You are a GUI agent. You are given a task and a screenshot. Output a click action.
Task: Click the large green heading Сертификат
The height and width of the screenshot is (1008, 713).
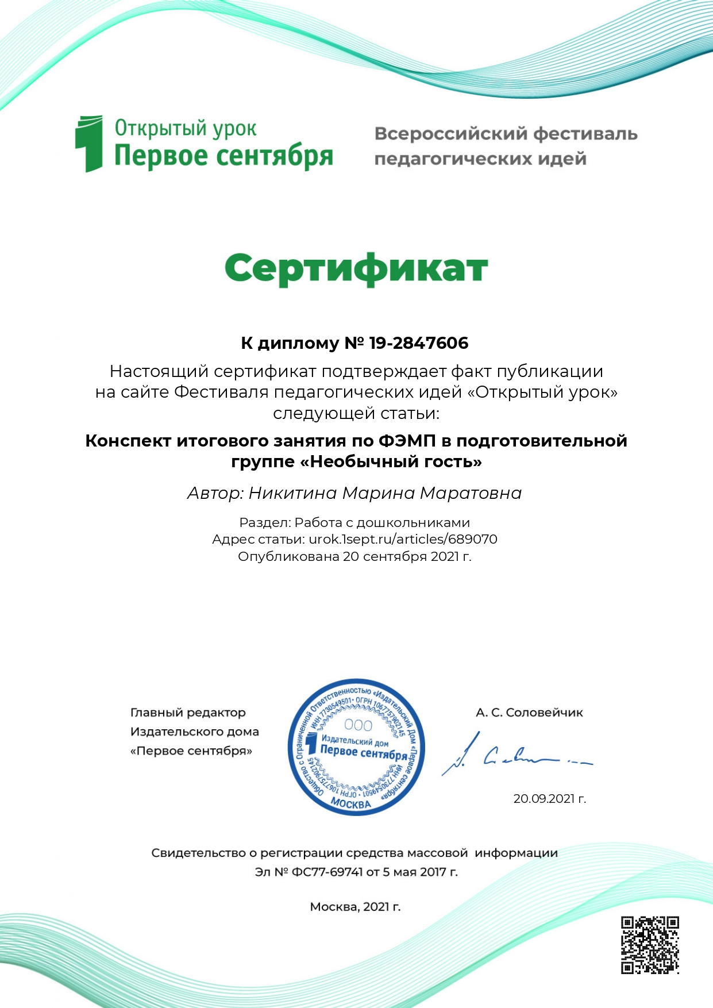pyautogui.click(x=356, y=268)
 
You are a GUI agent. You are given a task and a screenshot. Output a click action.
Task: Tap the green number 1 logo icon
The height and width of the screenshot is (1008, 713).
pyautogui.click(x=88, y=144)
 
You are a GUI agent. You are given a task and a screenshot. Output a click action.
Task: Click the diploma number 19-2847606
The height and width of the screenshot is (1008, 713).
pyautogui.click(x=419, y=343)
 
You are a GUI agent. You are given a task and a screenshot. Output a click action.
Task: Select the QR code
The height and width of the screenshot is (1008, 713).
pyautogui.click(x=650, y=945)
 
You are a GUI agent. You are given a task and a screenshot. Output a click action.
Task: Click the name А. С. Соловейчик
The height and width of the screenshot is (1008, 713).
pyautogui.click(x=529, y=713)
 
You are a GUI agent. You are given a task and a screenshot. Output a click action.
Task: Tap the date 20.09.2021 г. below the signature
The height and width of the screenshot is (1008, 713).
pyautogui.click(x=549, y=798)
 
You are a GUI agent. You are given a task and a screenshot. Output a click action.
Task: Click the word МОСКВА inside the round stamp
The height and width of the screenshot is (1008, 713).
pyautogui.click(x=351, y=803)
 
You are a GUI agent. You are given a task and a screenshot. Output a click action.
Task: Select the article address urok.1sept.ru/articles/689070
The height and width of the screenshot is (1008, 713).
pyautogui.click(x=403, y=539)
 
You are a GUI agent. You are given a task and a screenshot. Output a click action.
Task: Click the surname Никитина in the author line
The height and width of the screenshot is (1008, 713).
pyautogui.click(x=293, y=493)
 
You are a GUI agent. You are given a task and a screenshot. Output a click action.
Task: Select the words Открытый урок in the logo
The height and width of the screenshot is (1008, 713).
pyautogui.click(x=186, y=128)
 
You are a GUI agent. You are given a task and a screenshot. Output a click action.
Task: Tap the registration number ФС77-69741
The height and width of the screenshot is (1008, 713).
pyautogui.click(x=327, y=872)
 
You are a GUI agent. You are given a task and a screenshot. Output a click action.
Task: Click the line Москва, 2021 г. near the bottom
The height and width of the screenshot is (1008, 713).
pyautogui.click(x=355, y=906)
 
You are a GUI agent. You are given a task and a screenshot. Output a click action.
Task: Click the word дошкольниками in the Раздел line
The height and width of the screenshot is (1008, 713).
pyautogui.click(x=422, y=522)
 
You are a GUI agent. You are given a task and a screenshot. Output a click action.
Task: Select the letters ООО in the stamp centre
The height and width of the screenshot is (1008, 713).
pyautogui.click(x=357, y=725)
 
